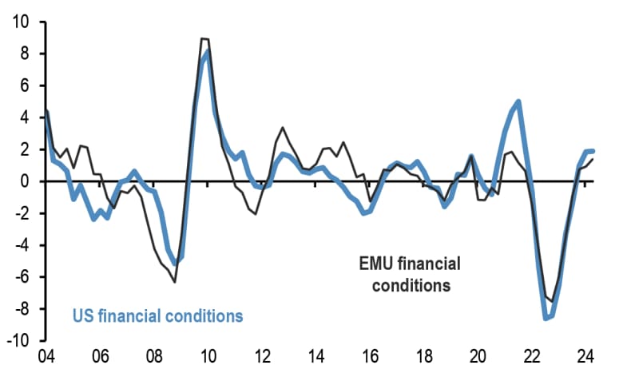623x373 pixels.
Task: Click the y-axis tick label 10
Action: tap(20, 22)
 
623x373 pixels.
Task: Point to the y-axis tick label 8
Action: tap(24, 54)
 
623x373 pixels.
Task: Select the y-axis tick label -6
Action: tap(22, 277)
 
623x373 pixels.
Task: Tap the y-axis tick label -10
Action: tap(18, 341)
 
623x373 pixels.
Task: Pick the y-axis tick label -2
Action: tap(22, 213)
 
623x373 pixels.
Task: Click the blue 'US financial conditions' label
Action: tap(157, 315)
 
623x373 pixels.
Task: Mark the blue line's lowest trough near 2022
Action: tap(546, 318)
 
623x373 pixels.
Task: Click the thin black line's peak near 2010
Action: tap(204, 38)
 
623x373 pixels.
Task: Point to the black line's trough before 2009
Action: tap(174, 282)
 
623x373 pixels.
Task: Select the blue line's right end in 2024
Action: tap(593, 151)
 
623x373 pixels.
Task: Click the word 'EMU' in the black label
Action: tap(373, 263)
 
